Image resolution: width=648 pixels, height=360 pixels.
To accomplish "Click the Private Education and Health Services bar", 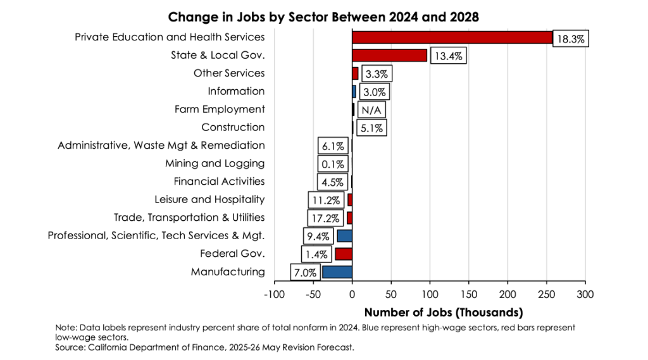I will pyautogui.click(x=452, y=37).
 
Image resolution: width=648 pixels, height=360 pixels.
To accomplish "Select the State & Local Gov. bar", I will pyautogui.click(x=389, y=55).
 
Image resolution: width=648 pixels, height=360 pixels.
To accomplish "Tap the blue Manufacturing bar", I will pyautogui.click(x=337, y=272).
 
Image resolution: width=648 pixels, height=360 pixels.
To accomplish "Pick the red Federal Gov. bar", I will pyautogui.click(x=343, y=254).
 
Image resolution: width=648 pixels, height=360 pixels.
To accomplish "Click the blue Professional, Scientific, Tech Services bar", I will pyautogui.click(x=344, y=236).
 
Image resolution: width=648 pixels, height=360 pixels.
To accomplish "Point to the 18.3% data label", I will pyautogui.click(x=571, y=39).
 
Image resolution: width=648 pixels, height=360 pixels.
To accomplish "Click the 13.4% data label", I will pyautogui.click(x=449, y=56).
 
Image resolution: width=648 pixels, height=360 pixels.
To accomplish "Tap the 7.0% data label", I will pyautogui.click(x=305, y=273).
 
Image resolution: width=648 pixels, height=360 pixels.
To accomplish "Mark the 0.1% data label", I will pyautogui.click(x=332, y=164).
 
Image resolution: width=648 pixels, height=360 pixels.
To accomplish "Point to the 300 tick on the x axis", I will pyautogui.click(x=585, y=295).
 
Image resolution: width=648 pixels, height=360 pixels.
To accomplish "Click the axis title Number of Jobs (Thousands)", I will pyautogui.click(x=443, y=313).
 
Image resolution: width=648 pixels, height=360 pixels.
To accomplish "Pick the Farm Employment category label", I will pyautogui.click(x=220, y=109).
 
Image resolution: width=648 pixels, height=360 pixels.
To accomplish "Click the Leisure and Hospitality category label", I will pyautogui.click(x=209, y=199).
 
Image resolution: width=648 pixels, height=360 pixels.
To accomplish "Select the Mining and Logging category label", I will pyautogui.click(x=215, y=163).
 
